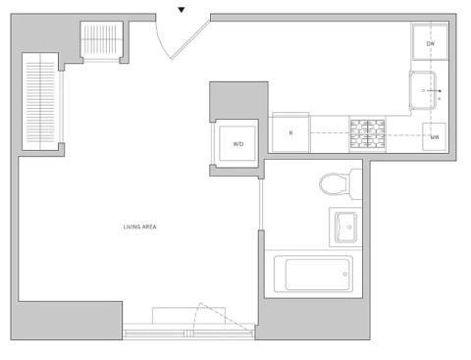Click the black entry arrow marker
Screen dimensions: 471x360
click(182, 10)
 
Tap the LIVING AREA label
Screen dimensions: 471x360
click(139, 227)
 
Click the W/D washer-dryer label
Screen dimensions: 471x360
click(238, 144)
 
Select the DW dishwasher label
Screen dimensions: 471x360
click(431, 43)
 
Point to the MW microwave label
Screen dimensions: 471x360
click(435, 137)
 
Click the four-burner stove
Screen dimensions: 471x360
click(367, 134)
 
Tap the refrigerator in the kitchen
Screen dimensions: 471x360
click(290, 132)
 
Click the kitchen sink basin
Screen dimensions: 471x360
click(423, 90)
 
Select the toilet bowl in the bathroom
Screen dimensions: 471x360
click(334, 184)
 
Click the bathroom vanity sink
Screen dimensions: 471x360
click(345, 228)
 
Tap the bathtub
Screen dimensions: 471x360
click(313, 274)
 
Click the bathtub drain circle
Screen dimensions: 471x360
click(344, 274)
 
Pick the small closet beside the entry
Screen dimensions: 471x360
click(101, 41)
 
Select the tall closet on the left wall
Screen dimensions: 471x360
click(40, 101)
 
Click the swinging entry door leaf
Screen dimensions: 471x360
click(190, 39)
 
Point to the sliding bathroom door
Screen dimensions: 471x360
click(261, 204)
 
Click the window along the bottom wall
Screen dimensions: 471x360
click(188, 334)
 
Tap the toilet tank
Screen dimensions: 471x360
click(355, 184)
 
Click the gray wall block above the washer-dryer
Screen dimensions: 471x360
click(238, 100)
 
